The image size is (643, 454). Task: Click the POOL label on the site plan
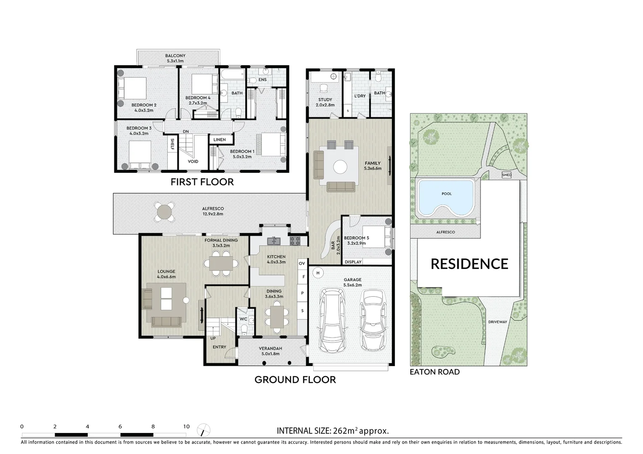[x=447, y=194]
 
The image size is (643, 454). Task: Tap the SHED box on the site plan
[x=506, y=175]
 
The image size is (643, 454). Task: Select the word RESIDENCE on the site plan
[x=469, y=264]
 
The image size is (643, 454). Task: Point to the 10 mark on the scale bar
[x=186, y=426]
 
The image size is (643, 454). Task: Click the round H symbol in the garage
[x=318, y=273]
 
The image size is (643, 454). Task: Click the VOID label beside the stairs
[x=193, y=161]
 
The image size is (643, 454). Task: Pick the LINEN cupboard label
[x=220, y=140]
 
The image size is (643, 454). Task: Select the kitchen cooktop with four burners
[x=295, y=241]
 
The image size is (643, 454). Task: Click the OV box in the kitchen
[x=302, y=263]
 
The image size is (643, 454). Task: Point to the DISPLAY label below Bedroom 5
[x=353, y=262]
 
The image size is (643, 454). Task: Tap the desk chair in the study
[x=323, y=88]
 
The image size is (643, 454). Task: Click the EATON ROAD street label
[x=435, y=372]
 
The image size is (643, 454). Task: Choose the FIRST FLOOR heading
[x=202, y=182]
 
